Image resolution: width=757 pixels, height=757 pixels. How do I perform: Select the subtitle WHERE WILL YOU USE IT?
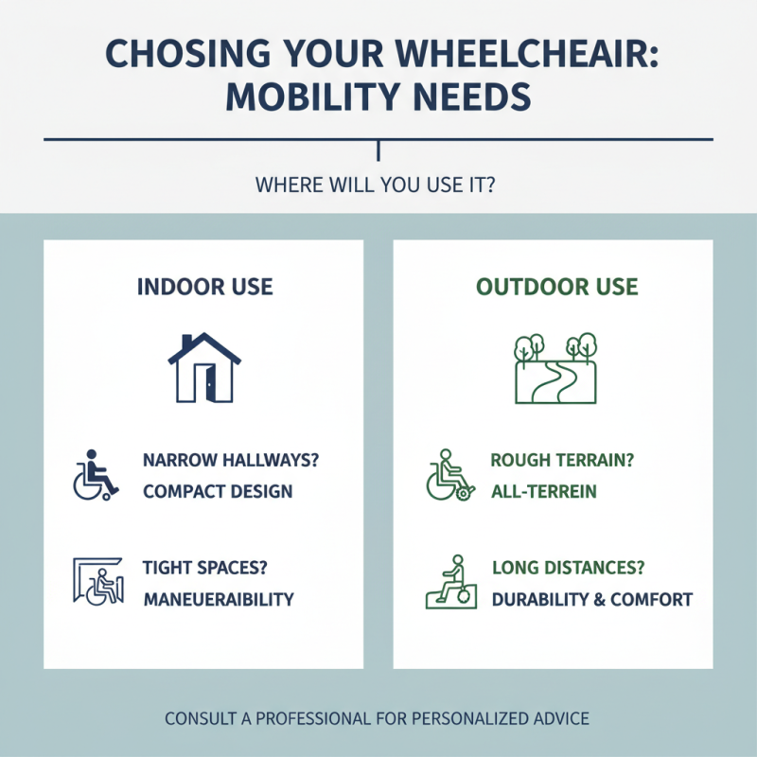point(378,185)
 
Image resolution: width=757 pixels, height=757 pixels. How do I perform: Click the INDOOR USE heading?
point(204,287)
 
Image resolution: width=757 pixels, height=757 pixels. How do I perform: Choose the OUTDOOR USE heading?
point(556,287)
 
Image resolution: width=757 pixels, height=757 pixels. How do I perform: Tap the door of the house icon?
point(205,382)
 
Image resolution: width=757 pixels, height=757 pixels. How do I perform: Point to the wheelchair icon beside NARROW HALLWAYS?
point(95,476)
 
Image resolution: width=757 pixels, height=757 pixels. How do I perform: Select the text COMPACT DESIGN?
point(218,492)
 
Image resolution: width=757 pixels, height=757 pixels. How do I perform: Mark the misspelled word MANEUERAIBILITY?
point(218,600)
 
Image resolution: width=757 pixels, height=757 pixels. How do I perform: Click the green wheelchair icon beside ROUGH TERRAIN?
point(448,476)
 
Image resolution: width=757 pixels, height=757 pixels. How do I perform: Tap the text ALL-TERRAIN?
point(543,492)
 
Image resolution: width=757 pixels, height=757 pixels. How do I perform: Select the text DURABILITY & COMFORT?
point(591,600)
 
